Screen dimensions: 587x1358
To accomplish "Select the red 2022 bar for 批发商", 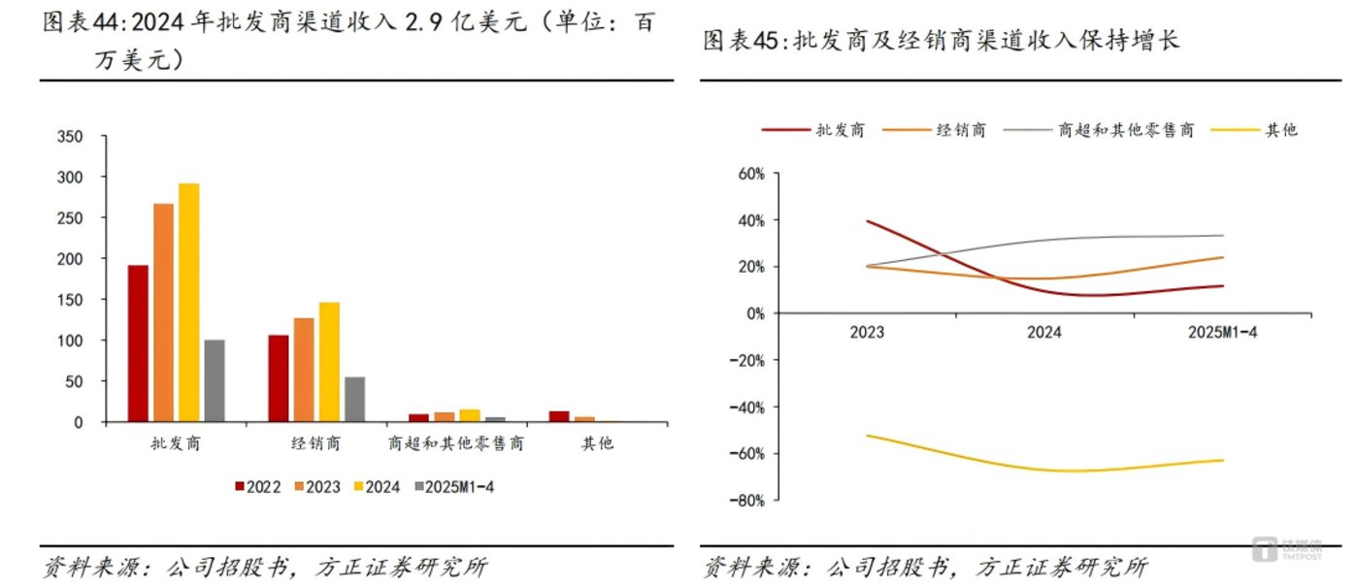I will tap(139, 343).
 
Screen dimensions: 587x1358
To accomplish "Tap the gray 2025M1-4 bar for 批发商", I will tap(214, 380).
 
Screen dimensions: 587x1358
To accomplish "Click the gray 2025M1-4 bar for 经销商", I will tap(354, 399).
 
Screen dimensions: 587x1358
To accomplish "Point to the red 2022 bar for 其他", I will tap(559, 416).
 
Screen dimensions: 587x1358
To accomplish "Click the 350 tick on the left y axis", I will tap(72, 137).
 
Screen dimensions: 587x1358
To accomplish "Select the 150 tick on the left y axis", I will tap(72, 300).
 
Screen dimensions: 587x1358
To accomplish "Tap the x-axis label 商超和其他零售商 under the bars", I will tap(455, 444).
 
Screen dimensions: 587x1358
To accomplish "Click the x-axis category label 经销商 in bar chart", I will tap(316, 444).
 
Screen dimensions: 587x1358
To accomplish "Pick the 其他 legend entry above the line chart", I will tap(1279, 130).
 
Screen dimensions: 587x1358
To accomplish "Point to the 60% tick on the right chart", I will tap(750, 175).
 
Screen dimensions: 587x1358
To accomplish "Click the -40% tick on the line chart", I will tap(747, 407).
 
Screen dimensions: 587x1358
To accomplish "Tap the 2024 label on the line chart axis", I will tap(1044, 332).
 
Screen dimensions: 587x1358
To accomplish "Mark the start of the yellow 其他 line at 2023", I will tap(867, 436).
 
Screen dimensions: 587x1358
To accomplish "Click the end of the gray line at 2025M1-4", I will tap(1222, 236).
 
